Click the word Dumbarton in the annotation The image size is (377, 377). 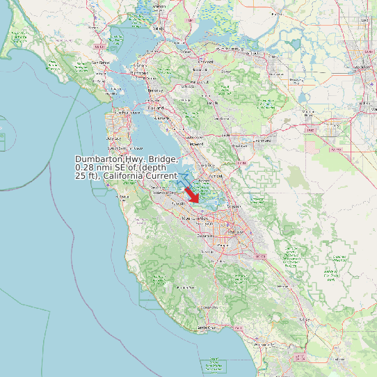tap(98, 160)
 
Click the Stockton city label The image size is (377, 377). tap(361, 67)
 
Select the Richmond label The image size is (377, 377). tap(139, 73)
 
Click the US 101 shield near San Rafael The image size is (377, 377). tap(99, 47)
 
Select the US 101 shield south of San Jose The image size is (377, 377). tap(262, 256)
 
